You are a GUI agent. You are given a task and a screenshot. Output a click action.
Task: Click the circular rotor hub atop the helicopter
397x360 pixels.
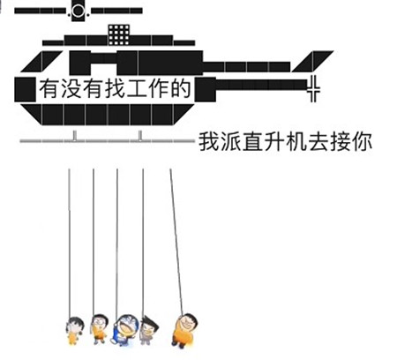(78, 11)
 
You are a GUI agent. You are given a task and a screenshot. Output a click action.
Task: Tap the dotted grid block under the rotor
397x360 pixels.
(119, 35)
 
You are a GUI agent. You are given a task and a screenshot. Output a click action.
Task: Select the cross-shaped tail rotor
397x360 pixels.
(313, 88)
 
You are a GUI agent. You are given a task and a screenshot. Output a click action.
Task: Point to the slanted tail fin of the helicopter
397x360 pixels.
(312, 61)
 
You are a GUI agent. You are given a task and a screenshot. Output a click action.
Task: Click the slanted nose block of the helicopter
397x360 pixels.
(41, 61)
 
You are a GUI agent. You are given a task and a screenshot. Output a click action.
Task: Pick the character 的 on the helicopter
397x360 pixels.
(181, 88)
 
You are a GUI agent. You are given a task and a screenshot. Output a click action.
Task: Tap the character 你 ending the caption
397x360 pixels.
(362, 142)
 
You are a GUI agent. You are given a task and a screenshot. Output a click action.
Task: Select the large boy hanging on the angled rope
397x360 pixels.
(184, 330)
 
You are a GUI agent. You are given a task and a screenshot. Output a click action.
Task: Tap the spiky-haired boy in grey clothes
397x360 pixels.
(148, 330)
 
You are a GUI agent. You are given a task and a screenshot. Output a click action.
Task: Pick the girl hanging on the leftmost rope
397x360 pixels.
(74, 330)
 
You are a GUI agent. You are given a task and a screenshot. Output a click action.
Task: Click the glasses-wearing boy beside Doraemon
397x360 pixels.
(99, 329)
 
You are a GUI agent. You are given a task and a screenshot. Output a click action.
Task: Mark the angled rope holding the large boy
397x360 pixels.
(176, 242)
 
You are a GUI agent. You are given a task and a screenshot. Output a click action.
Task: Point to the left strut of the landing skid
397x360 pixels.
(75, 136)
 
